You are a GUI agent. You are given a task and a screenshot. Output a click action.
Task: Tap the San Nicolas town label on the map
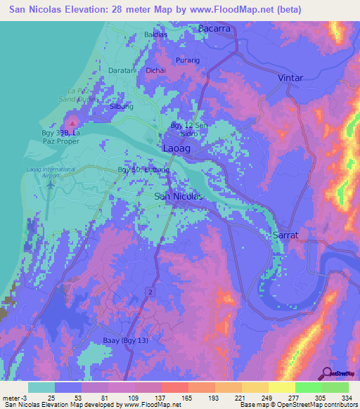coord(179,197)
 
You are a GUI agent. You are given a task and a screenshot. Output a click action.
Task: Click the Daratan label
coord(121,70)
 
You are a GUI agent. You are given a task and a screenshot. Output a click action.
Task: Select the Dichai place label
coord(155,70)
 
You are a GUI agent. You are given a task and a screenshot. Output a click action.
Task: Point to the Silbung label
coord(122,107)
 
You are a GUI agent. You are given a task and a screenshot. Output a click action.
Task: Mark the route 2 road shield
coord(149,290)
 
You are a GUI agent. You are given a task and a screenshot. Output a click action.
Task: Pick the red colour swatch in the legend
coord(175,387)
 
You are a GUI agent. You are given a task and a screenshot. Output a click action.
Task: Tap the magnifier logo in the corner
coord(328,374)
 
